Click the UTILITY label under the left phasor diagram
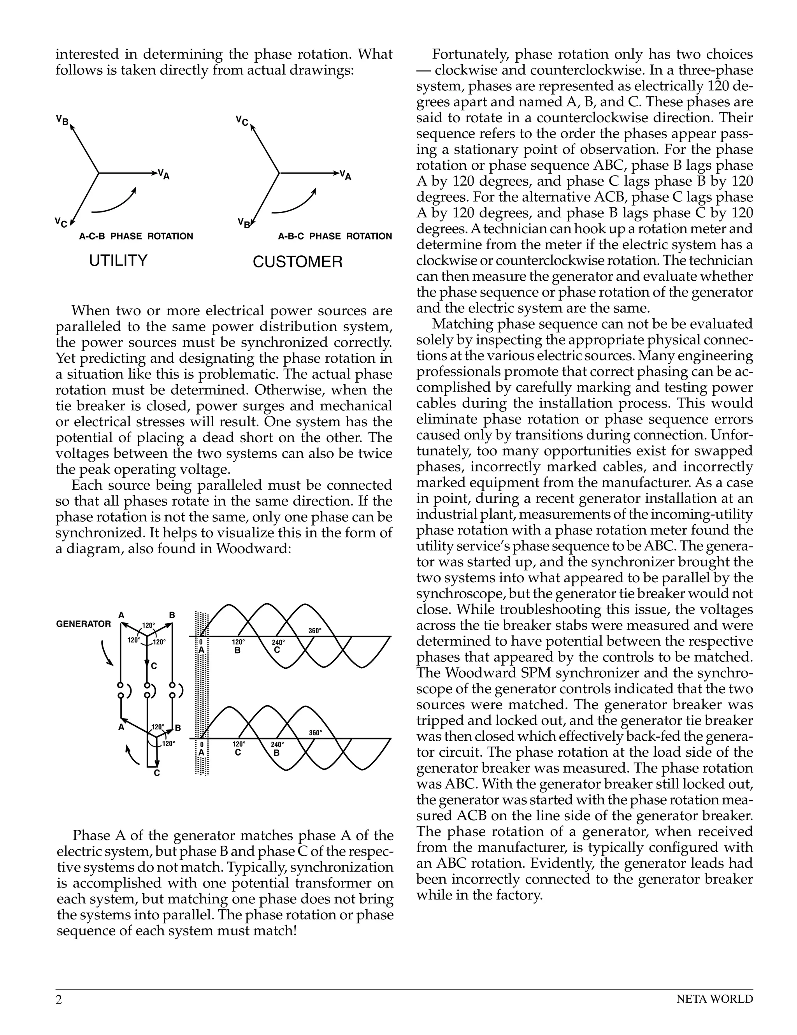[x=118, y=261]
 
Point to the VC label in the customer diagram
[x=242, y=121]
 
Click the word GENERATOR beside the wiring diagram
[x=83, y=624]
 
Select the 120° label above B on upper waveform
[x=238, y=642]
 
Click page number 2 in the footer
[x=59, y=1000]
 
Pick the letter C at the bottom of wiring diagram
[x=157, y=773]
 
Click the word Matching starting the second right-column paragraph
[x=462, y=325]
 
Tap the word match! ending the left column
[x=276, y=931]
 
